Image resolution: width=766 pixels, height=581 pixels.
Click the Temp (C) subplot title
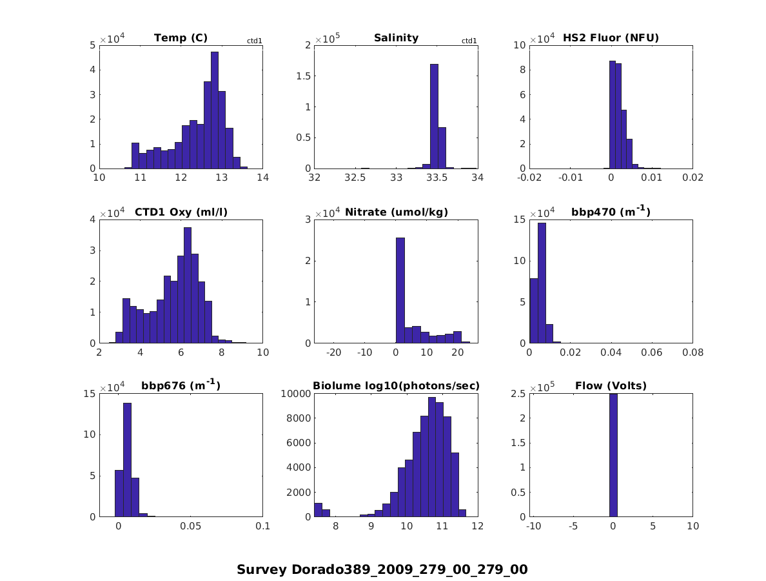coord(181,38)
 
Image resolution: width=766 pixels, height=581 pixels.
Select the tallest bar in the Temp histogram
coord(214,110)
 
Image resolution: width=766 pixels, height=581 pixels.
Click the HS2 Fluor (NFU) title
coord(611,38)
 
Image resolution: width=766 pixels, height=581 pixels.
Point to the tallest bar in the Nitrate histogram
coord(400,290)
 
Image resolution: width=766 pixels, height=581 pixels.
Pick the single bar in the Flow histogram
coord(613,455)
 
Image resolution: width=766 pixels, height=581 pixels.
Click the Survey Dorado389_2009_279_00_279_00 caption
coord(382,569)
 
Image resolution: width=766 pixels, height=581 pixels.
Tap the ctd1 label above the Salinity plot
coord(469,41)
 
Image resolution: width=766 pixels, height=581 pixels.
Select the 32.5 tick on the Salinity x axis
coord(355,178)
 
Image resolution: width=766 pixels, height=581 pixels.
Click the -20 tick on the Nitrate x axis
coord(334,352)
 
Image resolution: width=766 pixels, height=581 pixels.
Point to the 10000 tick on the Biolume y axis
coord(297,394)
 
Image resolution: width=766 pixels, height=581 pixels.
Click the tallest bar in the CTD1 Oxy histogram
coord(187,285)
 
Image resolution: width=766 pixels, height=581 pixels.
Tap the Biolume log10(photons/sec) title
coord(396,386)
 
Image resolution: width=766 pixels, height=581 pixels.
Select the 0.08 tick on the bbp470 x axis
coord(692,352)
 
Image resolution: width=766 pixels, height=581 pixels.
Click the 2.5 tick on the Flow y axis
coord(519,394)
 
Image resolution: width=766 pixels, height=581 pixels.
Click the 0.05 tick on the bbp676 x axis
coord(191,526)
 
